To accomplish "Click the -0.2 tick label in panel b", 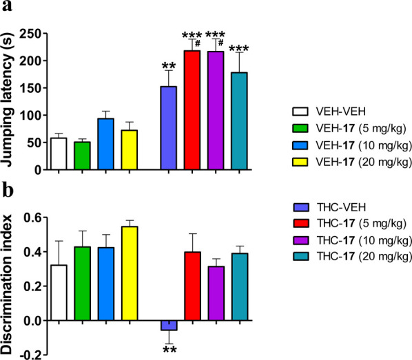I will click(x=30, y=355).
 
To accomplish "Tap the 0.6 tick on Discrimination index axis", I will click(x=32, y=218).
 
